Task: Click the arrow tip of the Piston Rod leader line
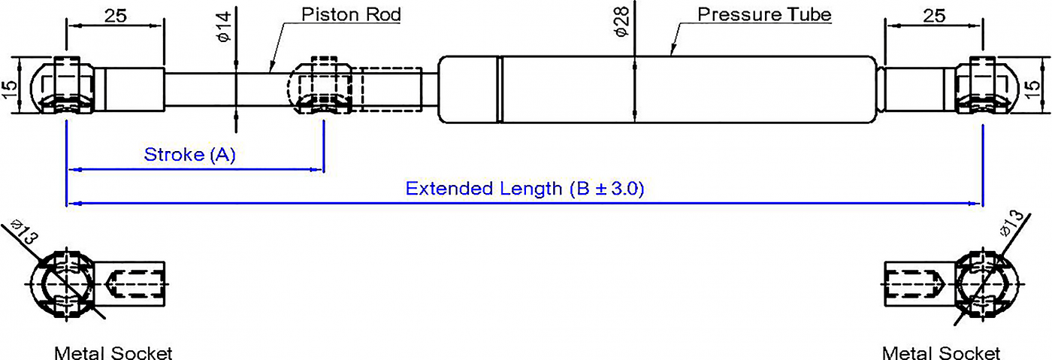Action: (x=270, y=73)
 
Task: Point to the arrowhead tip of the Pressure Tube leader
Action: (x=672, y=56)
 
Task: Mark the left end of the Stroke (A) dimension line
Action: (x=68, y=170)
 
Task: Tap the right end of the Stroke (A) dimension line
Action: (x=324, y=170)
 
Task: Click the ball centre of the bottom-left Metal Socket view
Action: (x=66, y=284)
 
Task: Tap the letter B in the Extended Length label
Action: (x=583, y=189)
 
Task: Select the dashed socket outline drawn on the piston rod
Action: (x=321, y=85)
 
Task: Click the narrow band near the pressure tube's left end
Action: (x=500, y=89)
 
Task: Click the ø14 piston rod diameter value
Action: (x=225, y=27)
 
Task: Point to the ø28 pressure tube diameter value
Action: (x=621, y=22)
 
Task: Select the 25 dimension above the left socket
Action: (x=116, y=16)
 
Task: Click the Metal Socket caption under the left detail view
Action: (x=113, y=353)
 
